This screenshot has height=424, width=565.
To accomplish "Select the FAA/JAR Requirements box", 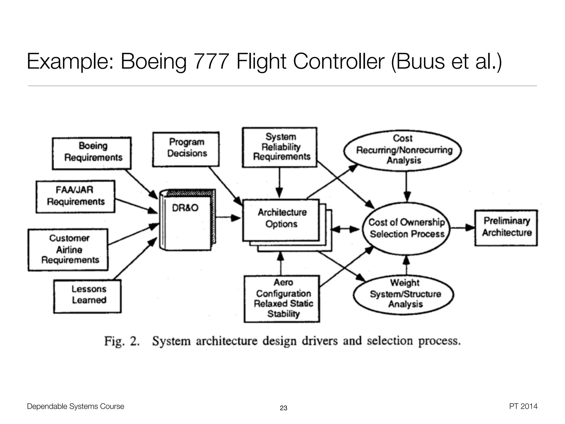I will (x=75, y=196).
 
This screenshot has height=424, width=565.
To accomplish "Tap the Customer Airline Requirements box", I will (x=68, y=250).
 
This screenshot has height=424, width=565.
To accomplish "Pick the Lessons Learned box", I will (x=87, y=296).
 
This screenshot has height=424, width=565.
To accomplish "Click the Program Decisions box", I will (x=186, y=149).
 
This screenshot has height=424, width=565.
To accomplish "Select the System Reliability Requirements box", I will (x=279, y=147).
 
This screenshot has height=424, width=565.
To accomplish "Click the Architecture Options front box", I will (x=281, y=220).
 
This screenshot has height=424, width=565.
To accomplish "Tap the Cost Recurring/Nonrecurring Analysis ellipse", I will (x=403, y=150).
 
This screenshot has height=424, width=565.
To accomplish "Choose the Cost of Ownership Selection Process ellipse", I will (x=406, y=228).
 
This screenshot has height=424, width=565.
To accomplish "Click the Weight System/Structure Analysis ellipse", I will (x=404, y=294).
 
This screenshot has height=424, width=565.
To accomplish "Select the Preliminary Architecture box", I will (x=506, y=228).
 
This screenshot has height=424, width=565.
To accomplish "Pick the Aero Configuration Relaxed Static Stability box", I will (x=282, y=298).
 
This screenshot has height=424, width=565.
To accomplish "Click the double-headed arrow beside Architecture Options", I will (x=345, y=229).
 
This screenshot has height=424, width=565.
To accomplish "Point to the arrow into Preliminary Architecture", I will (x=462, y=228).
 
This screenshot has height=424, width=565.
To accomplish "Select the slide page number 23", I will (x=283, y=408).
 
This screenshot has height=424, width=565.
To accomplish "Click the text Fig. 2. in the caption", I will (x=122, y=341).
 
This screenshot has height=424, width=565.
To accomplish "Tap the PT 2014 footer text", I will (x=523, y=406).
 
